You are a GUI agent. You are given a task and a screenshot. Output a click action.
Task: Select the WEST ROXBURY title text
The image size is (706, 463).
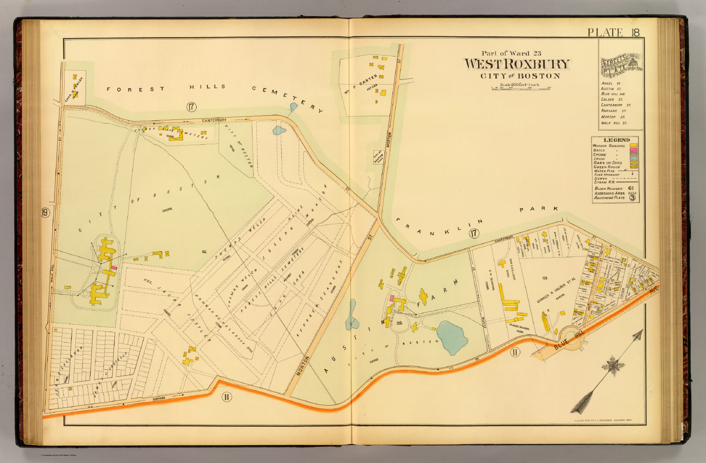pyautogui.click(x=517, y=64)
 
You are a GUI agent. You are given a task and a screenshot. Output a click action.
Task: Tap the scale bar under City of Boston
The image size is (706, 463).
pyautogui.click(x=521, y=89)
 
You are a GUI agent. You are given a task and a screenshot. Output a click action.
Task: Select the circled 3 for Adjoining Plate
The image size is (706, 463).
pyautogui.click(x=632, y=198)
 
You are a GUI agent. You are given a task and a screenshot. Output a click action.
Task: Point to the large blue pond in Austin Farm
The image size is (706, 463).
pyautogui.click(x=451, y=338)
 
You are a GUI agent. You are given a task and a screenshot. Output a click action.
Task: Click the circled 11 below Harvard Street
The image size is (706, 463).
pyautogui.click(x=226, y=397)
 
